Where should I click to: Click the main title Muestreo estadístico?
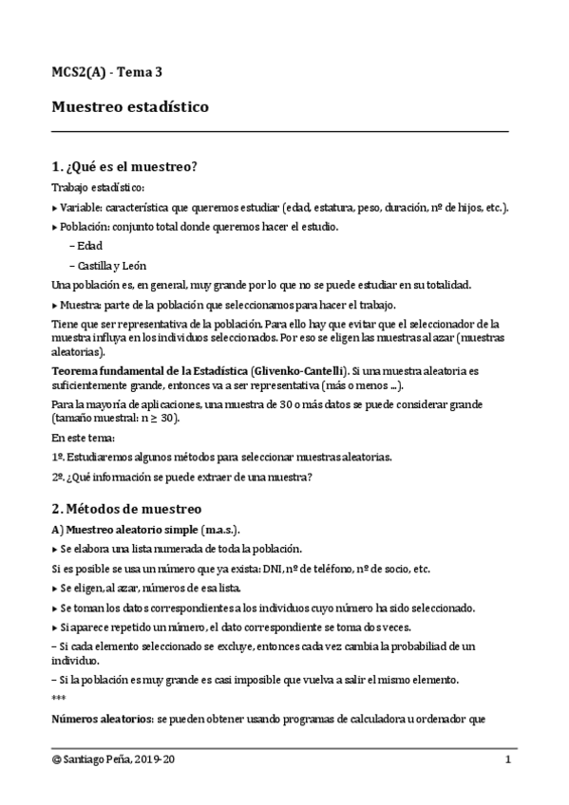point(130,107)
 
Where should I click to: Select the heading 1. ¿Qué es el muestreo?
point(123,167)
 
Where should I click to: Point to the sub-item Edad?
point(91,246)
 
